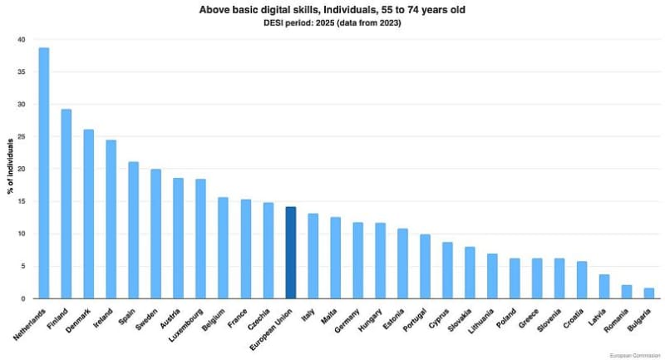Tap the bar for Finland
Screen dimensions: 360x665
[66, 204]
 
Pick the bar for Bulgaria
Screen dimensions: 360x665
[649, 293]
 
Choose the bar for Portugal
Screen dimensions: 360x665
[426, 266]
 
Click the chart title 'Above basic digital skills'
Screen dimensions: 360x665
[332, 9]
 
